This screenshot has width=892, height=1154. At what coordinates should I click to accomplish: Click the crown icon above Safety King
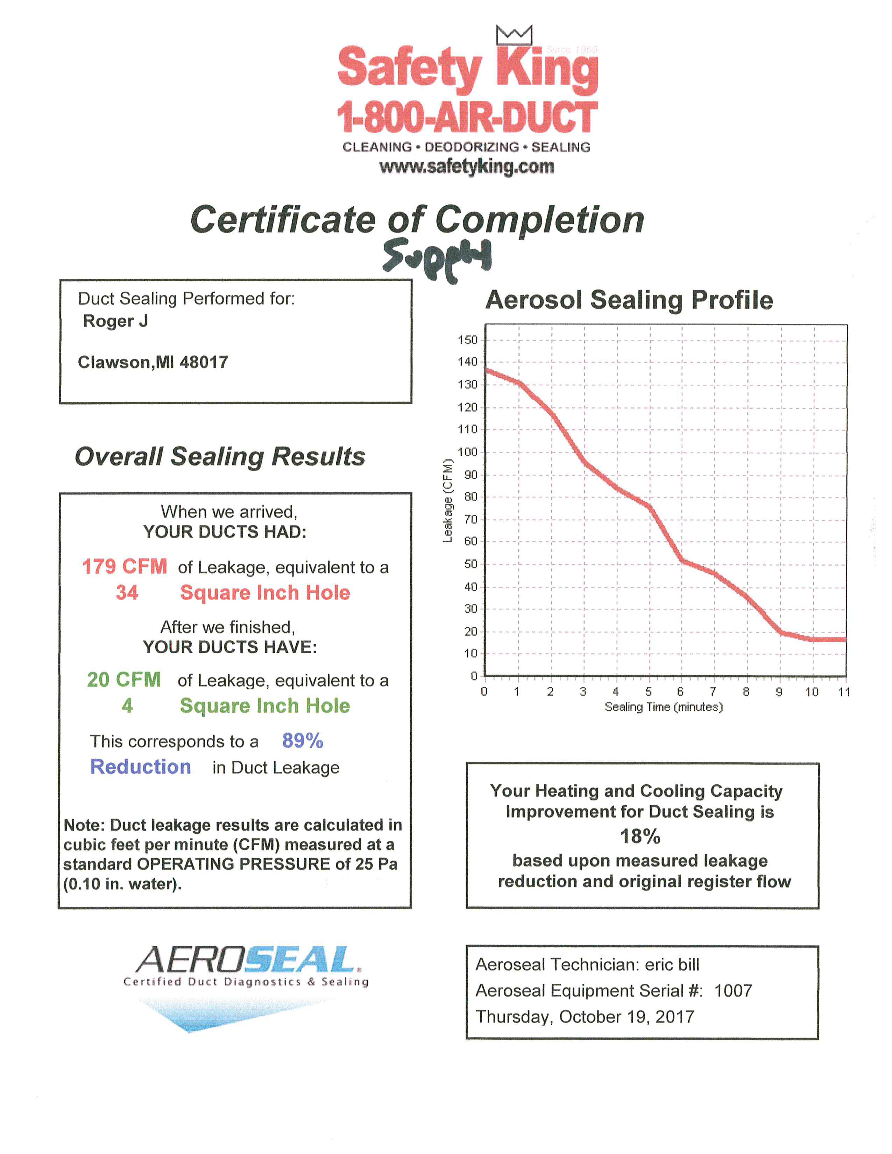click(x=514, y=35)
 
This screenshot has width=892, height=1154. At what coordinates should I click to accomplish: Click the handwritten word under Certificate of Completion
click(x=438, y=259)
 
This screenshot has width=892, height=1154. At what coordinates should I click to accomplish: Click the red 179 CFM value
click(x=125, y=567)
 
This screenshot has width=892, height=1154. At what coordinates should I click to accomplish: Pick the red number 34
click(x=127, y=592)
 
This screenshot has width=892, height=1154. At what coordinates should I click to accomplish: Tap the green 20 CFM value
click(x=123, y=679)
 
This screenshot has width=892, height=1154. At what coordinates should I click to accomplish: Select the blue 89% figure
click(x=302, y=740)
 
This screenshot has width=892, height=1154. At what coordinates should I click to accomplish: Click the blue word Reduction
click(x=141, y=767)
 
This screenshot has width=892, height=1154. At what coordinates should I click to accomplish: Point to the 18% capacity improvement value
click(x=640, y=836)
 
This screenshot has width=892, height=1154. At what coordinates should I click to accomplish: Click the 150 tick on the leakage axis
click(x=468, y=340)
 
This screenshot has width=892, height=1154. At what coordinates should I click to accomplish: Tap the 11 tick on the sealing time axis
click(x=844, y=692)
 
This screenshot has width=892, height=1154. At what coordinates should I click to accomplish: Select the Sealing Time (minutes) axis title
click(x=664, y=707)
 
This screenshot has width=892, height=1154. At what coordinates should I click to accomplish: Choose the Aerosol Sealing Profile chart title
click(x=629, y=300)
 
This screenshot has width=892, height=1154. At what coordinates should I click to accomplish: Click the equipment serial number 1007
click(x=733, y=991)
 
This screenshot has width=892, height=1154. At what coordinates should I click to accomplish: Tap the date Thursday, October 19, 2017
click(x=585, y=1017)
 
